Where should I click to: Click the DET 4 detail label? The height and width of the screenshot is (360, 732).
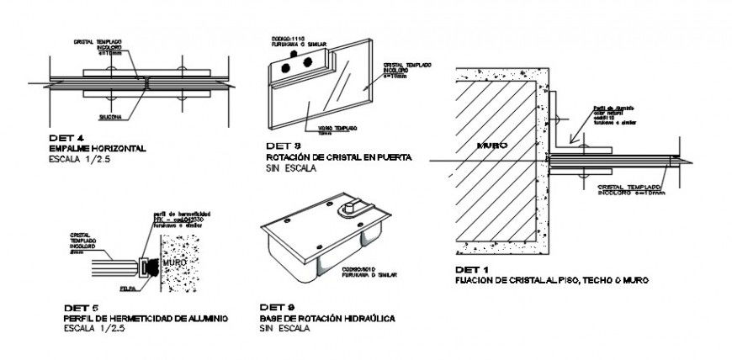click(x=66, y=138)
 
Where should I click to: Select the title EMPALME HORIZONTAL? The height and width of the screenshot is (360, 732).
click(x=98, y=148)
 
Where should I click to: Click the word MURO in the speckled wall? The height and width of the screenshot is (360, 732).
click(x=175, y=262)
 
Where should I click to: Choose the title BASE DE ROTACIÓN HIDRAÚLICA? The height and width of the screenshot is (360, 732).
click(x=327, y=319)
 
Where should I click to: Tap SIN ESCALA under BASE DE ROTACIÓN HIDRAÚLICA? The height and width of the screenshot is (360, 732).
click(x=284, y=329)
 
